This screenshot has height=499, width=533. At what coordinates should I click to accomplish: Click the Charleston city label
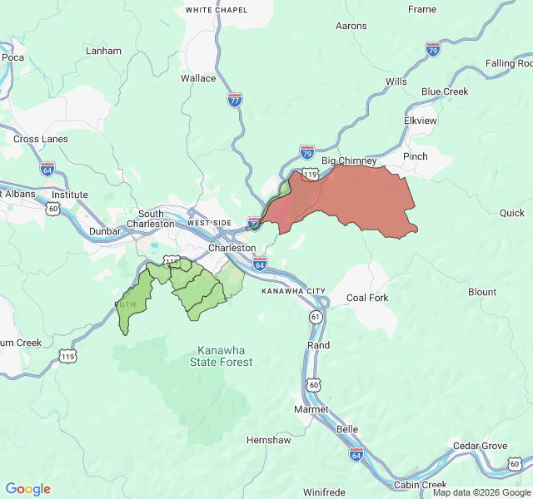[x=232, y=248]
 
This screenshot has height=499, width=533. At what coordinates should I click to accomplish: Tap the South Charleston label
[x=151, y=219]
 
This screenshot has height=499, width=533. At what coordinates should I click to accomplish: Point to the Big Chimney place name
[x=349, y=161]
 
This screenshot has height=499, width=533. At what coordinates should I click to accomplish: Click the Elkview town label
[x=420, y=121]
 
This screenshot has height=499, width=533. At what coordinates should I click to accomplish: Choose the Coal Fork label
[x=367, y=298]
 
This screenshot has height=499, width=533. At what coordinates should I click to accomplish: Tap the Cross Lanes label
[x=41, y=139]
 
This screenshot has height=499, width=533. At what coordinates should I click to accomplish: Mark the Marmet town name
[x=311, y=409]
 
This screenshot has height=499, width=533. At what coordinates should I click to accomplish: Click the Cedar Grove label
[x=480, y=446]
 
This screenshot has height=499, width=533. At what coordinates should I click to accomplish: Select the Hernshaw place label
[x=269, y=440]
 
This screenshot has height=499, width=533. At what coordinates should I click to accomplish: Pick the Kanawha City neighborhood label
[x=293, y=291]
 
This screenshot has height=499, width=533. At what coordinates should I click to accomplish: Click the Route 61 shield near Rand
[x=316, y=317]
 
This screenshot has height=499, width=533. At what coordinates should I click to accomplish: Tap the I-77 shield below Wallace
[x=235, y=100]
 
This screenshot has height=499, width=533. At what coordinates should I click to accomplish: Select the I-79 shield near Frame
[x=432, y=49]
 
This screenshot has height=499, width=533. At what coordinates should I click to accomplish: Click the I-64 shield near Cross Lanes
[x=47, y=169]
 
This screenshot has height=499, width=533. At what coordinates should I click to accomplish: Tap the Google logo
[x=28, y=489]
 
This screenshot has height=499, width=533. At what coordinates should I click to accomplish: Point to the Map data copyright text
[x=481, y=492]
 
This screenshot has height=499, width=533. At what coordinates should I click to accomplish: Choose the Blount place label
[x=482, y=292]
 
